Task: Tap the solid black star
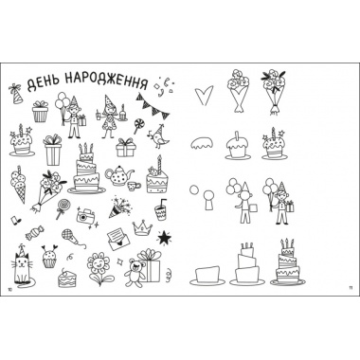point(164,238)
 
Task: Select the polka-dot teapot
point(118,174)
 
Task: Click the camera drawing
point(84,216)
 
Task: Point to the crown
point(142,227)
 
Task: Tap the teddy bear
point(134,272)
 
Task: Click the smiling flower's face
point(99,263)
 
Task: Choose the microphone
point(72,238)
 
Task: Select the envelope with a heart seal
point(117,239)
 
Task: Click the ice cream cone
point(19,185)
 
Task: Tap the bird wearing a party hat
point(158,136)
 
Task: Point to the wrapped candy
point(34,232)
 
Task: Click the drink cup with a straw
point(161,210)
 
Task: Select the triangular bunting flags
point(153,105)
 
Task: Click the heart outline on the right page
point(203,96)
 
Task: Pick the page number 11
point(350,287)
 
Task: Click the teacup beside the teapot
point(135,186)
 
